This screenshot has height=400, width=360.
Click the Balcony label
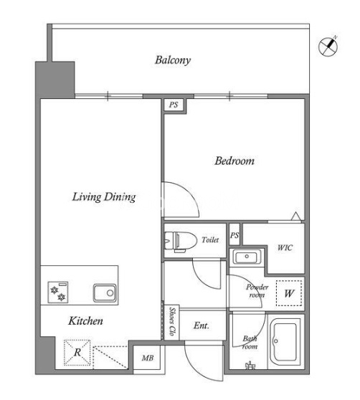(x=173, y=60)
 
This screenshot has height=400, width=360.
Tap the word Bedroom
(x=235, y=161)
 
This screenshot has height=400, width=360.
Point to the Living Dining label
(x=104, y=197)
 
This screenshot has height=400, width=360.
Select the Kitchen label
(x=85, y=320)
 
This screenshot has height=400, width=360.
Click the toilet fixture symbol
(x=181, y=241)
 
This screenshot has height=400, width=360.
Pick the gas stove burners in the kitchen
(x=58, y=292)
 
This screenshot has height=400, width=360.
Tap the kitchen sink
(x=105, y=292)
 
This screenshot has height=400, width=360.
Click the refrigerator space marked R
(x=77, y=352)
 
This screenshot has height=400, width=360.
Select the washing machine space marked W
(x=289, y=293)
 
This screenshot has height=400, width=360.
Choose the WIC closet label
(x=285, y=247)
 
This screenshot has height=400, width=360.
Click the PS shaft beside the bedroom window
(x=174, y=105)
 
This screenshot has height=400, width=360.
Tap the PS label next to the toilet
(x=235, y=234)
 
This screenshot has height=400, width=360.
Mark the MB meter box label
(x=148, y=358)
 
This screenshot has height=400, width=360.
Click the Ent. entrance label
(x=202, y=325)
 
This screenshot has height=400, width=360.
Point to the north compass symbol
(x=328, y=46)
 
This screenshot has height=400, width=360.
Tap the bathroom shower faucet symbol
(x=250, y=366)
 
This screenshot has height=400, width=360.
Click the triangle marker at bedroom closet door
(x=296, y=216)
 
